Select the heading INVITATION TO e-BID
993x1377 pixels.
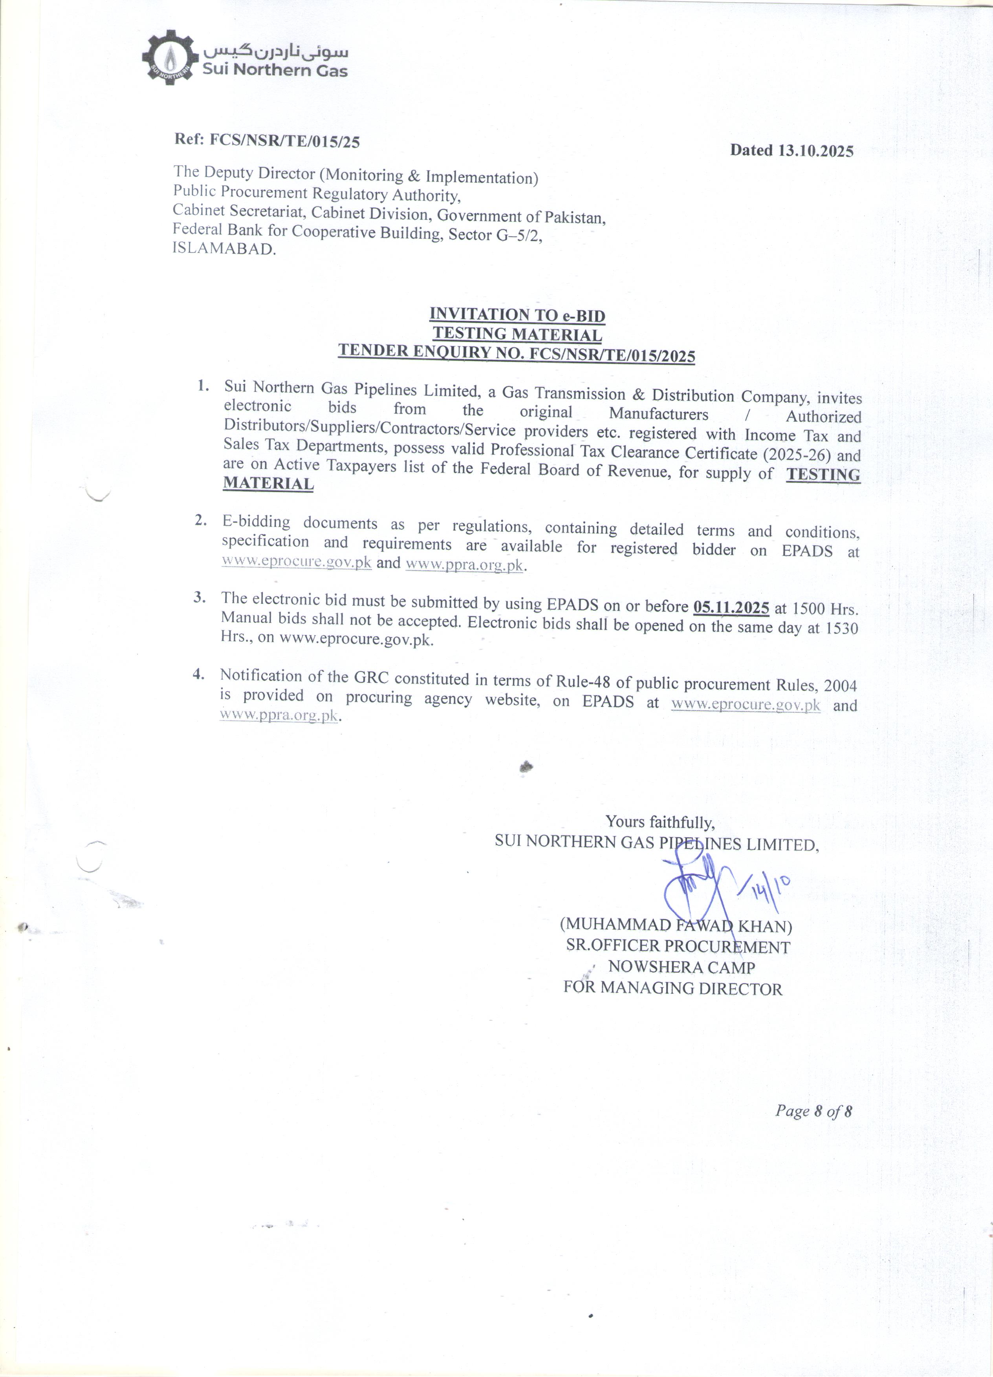coord(517,315)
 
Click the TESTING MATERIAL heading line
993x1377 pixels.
coord(517,334)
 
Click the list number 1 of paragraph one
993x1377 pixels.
coord(203,386)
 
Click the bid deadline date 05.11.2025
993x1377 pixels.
coord(731,607)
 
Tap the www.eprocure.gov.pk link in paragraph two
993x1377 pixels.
coord(297,561)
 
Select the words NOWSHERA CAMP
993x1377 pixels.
coord(682,967)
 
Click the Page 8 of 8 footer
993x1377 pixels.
coord(814,1111)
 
